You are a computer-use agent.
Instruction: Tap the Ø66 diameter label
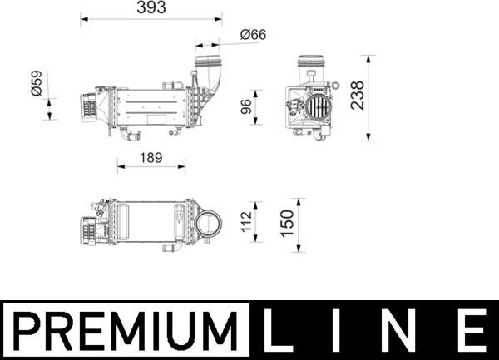click(x=252, y=34)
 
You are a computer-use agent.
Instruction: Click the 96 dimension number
click(x=246, y=107)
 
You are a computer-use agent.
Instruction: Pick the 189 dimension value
click(x=151, y=155)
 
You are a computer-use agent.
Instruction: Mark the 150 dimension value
click(x=289, y=222)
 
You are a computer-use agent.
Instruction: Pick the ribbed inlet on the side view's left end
click(x=87, y=106)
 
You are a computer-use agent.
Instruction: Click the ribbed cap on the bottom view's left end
click(x=86, y=229)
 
